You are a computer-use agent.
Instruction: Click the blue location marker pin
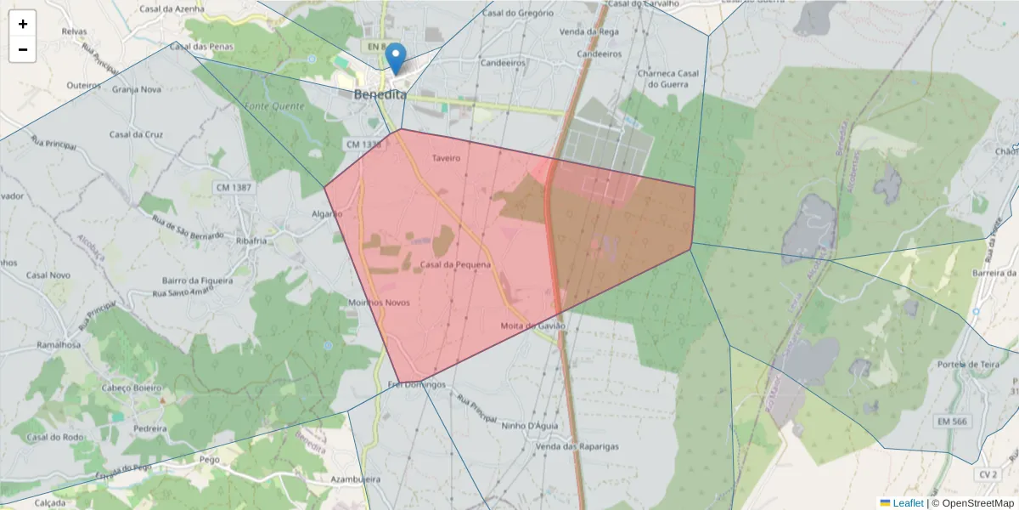tap(396, 59)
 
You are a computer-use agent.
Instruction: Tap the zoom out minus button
tap(23, 49)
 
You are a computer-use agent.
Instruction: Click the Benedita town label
tap(380, 95)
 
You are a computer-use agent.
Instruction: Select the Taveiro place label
tap(446, 158)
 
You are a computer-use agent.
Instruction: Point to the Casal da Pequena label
tap(455, 264)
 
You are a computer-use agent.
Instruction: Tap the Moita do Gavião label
tap(532, 326)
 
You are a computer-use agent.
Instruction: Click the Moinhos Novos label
tap(380, 303)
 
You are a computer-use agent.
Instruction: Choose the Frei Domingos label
tap(416, 384)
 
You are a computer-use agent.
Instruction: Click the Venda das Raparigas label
tap(577, 446)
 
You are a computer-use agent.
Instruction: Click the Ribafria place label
tap(252, 241)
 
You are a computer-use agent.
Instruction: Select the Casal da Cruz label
tap(136, 134)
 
